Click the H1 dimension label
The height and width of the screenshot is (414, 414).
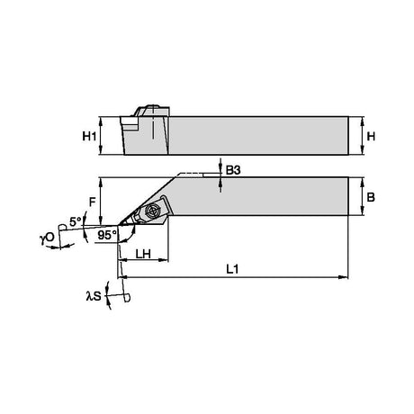point(89,137)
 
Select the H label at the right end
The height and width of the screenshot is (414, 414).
point(371,137)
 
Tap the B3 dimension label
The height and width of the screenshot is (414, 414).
point(233,170)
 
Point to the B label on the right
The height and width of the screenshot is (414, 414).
point(371,197)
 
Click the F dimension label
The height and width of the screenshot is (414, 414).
point(92,202)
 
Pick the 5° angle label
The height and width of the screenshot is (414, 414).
point(75,221)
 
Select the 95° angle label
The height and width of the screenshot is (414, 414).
point(107,235)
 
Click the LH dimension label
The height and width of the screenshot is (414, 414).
point(143,255)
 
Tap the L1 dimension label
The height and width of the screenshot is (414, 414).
point(232,269)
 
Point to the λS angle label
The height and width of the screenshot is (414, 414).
point(94,296)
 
